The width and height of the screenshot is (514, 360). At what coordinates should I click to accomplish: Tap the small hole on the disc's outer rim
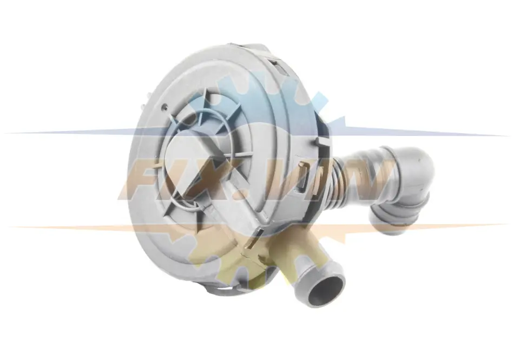pos(166,106)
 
